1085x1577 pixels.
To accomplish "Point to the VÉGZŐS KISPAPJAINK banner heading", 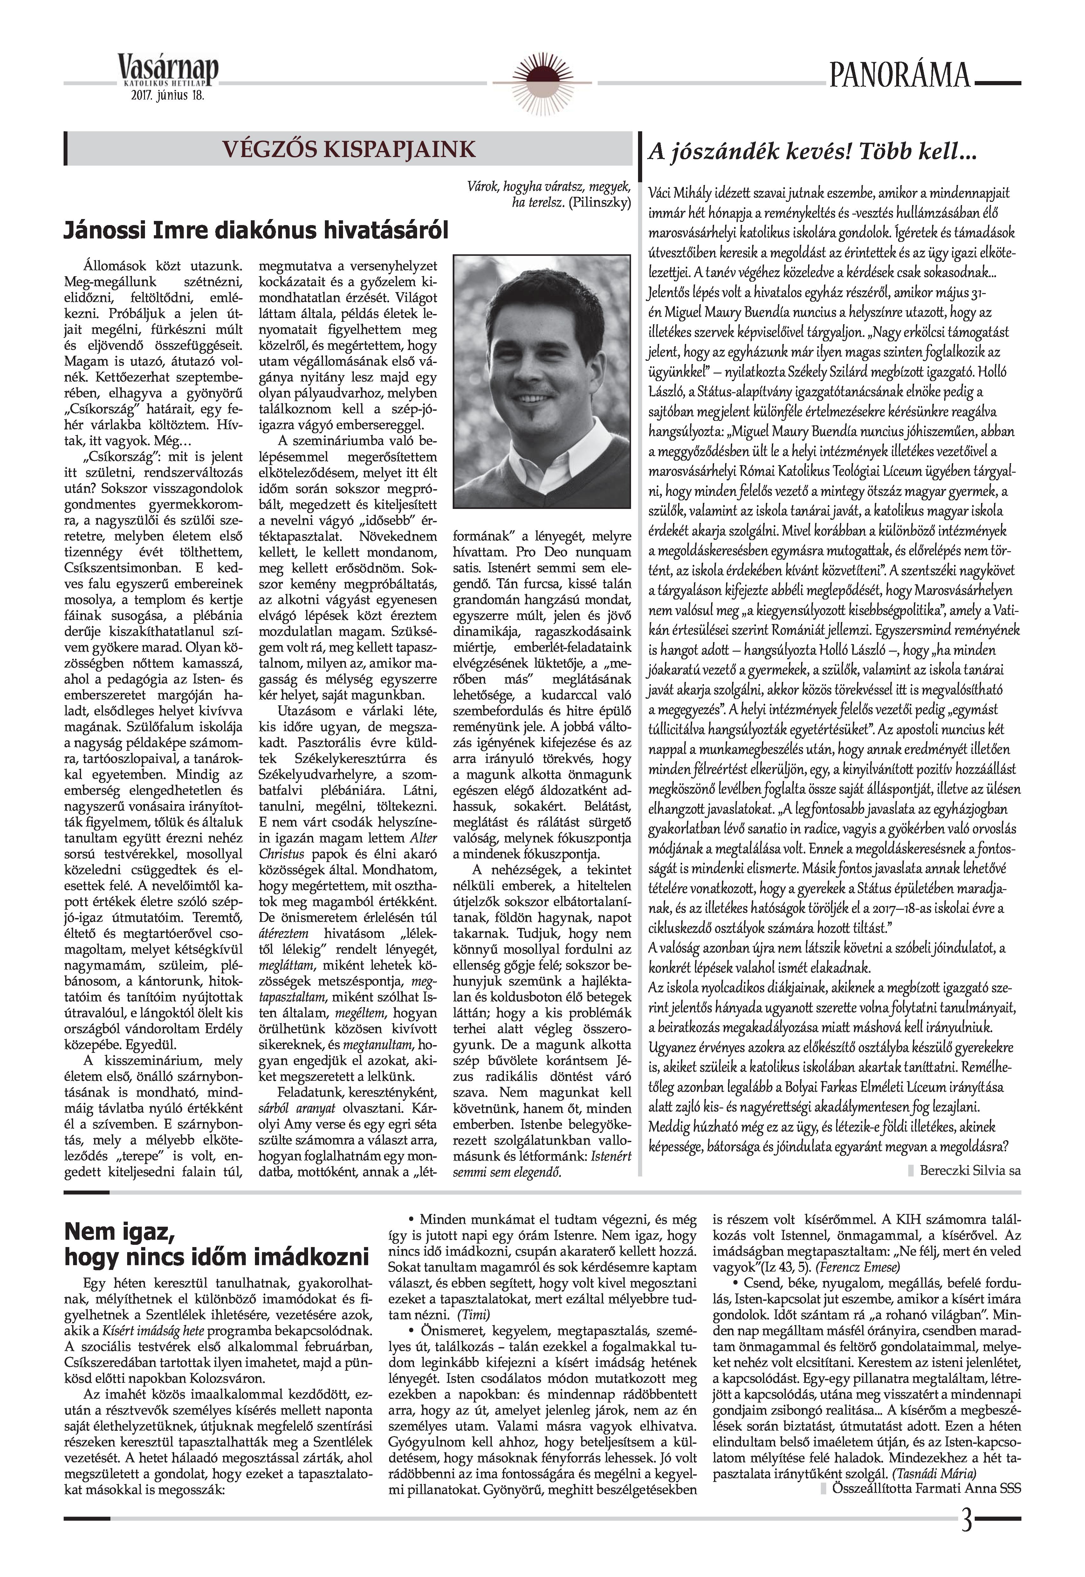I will pyautogui.click(x=351, y=149).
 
